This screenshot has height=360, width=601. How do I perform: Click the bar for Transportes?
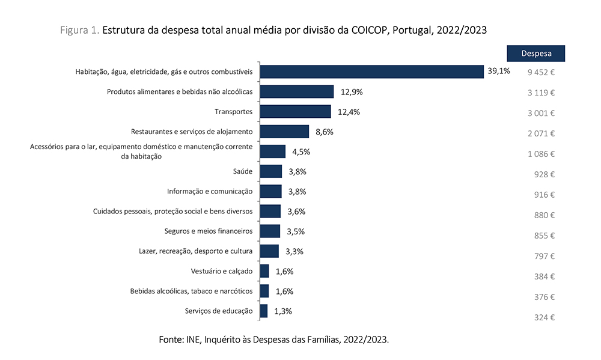pyautogui.click(x=295, y=112)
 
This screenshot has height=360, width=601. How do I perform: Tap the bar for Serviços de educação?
pyautogui.click(x=264, y=311)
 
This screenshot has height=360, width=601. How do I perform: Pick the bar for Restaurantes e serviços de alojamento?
pyautogui.click(x=284, y=132)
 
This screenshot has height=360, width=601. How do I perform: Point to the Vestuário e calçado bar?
pyautogui.click(x=264, y=271)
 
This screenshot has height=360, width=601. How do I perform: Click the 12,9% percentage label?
pyautogui.click(x=352, y=92)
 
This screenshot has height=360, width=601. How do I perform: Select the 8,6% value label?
pyautogui.click(x=324, y=132)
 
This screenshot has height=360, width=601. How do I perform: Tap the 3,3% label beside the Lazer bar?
pyautogui.click(x=293, y=251)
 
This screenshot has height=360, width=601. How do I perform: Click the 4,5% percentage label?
pyautogui.click(x=300, y=151)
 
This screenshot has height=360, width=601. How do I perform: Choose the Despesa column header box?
pyautogui.click(x=537, y=53)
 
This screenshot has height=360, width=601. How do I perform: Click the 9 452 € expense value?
pyautogui.click(x=541, y=73)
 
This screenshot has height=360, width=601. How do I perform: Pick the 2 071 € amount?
pyautogui.click(x=541, y=133)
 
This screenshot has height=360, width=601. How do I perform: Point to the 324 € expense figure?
pyautogui.click(x=544, y=317)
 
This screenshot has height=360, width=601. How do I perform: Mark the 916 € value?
pyautogui.click(x=544, y=195)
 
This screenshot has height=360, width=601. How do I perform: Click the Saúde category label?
pyautogui.click(x=243, y=171)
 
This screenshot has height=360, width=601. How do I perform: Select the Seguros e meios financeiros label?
pyautogui.click(x=208, y=231)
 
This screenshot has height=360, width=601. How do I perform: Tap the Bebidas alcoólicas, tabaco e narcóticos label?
pyautogui.click(x=191, y=291)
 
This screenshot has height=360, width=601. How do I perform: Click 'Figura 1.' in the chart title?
pyautogui.click(x=80, y=30)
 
